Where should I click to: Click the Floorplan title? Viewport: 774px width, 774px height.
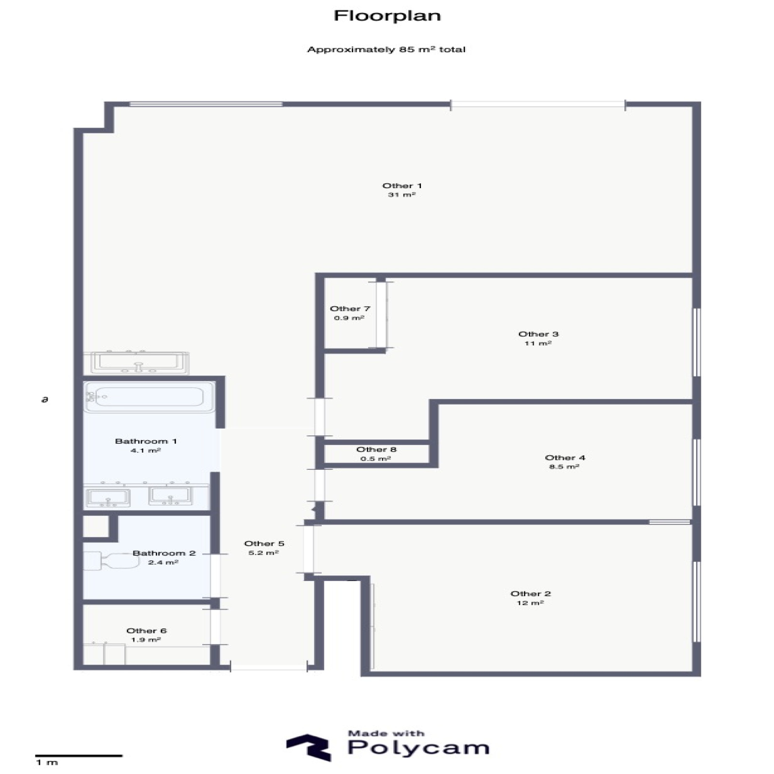click(387, 16)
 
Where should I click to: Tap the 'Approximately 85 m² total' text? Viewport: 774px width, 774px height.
click(386, 49)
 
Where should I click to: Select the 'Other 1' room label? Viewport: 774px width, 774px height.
click(402, 186)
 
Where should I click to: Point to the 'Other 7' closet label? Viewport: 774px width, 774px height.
click(350, 309)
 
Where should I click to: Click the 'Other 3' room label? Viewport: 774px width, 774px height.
click(538, 334)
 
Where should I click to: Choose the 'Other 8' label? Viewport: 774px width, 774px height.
click(376, 449)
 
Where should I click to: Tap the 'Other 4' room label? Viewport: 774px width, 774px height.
click(565, 458)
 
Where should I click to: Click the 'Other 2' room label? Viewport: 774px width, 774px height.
click(531, 594)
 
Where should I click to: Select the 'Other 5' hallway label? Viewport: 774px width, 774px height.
click(264, 544)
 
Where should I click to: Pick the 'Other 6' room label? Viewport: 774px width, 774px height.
click(147, 631)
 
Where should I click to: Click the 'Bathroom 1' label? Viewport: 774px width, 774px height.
click(146, 441)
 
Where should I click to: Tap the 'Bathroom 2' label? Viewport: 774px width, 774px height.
click(164, 553)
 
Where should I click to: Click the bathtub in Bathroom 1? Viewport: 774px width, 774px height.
click(149, 397)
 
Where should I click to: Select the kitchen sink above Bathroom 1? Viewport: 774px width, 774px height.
click(136, 362)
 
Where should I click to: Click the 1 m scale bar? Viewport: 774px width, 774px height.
click(79, 756)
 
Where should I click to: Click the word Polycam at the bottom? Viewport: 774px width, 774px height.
click(418, 748)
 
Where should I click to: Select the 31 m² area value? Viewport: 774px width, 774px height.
click(402, 195)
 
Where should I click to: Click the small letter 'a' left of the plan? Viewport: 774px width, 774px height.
click(45, 400)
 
